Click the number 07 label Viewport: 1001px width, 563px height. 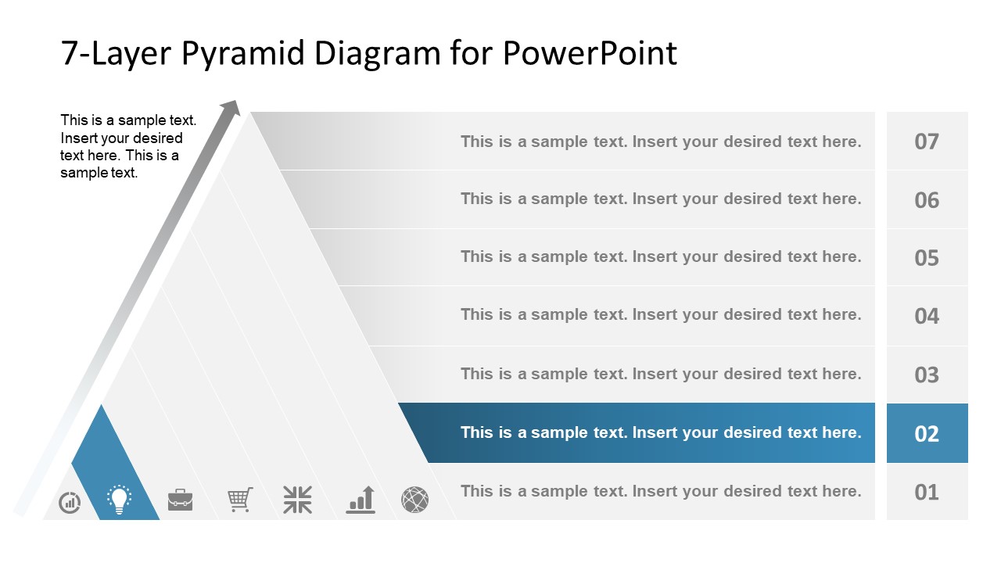point(927,142)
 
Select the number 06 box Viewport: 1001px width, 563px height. point(927,200)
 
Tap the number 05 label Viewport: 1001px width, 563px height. point(927,258)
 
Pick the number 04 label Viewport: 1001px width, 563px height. point(927,316)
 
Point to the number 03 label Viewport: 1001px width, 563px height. point(927,375)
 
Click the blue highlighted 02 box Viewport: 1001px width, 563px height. point(927,433)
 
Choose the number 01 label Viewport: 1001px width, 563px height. point(927,492)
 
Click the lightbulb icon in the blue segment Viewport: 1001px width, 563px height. point(119,500)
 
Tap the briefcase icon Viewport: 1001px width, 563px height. point(180,500)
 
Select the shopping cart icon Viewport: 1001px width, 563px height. point(240,500)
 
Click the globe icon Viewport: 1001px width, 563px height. point(414,500)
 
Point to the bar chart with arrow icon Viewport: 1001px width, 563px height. point(361,500)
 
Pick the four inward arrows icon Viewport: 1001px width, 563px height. point(297,500)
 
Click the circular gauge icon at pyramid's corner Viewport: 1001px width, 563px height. point(70,502)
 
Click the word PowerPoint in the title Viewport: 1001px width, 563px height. point(590,53)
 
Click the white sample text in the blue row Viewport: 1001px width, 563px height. point(660,432)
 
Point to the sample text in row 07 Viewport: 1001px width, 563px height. point(660,142)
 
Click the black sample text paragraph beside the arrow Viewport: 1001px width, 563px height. point(128,146)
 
